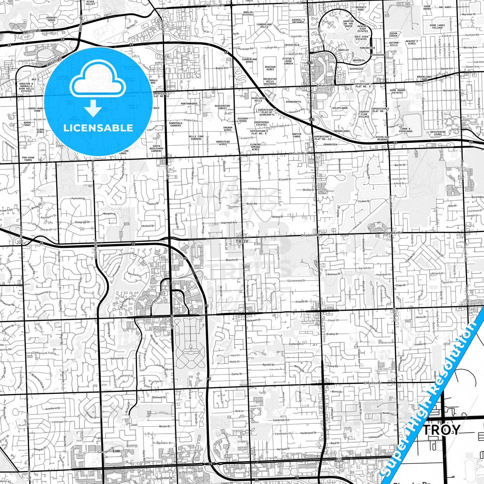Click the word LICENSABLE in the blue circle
98,128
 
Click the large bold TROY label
441,430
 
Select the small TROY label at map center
242,241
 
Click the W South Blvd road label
298,153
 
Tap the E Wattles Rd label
372,383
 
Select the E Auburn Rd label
326,85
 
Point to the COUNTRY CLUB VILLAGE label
364,114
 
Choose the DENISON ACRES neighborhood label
270,68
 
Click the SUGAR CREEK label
393,34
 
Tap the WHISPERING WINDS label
438,133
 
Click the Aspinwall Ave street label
229,222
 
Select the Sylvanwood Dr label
296,281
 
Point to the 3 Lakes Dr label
363,201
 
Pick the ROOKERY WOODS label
51,19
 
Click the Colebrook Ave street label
281,420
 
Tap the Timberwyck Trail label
43,353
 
